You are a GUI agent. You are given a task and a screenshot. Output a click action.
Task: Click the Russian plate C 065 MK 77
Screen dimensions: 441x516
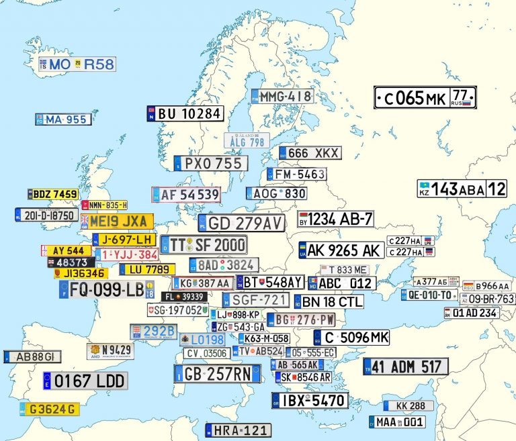click(425, 98)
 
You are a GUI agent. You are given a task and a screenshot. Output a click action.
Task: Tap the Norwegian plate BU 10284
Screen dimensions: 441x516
click(185, 113)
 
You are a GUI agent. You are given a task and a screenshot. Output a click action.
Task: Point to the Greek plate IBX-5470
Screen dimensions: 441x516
click(310, 401)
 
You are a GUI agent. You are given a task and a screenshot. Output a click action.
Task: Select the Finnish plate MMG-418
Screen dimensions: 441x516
click(283, 96)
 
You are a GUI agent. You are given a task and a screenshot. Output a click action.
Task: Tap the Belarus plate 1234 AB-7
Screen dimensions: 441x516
click(335, 219)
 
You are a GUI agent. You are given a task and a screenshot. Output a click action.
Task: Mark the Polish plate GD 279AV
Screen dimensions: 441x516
click(241, 223)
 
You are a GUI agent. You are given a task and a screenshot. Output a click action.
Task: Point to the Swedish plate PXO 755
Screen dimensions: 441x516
click(211, 164)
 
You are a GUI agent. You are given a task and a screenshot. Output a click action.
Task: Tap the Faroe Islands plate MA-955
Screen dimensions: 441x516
click(63, 119)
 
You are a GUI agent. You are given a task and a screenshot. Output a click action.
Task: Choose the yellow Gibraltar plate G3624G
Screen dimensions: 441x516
click(50, 409)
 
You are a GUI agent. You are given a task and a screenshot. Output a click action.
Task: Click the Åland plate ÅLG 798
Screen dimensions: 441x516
click(247, 141)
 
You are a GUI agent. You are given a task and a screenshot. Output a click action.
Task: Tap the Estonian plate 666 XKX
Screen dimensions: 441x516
click(310, 153)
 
